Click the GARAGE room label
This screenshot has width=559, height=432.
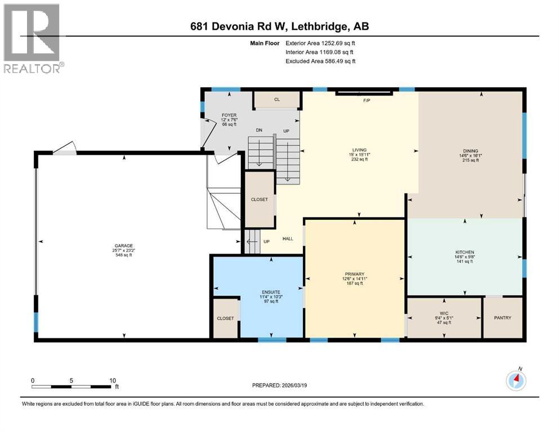coord(124,246)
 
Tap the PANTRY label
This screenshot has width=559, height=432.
coord(503,318)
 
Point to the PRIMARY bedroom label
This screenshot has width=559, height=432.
coord(355,274)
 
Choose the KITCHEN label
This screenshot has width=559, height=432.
coord(465,252)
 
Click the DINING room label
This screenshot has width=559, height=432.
coord(470,151)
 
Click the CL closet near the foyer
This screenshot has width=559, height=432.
coord(277,100)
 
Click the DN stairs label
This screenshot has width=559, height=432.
coord(259,130)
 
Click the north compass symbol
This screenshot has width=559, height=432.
coord(516,380)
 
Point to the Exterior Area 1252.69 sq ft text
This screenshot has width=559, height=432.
coord(320,43)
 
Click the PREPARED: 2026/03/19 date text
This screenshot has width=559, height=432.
coord(280,385)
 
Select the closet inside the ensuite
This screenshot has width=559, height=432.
coord(225,318)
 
